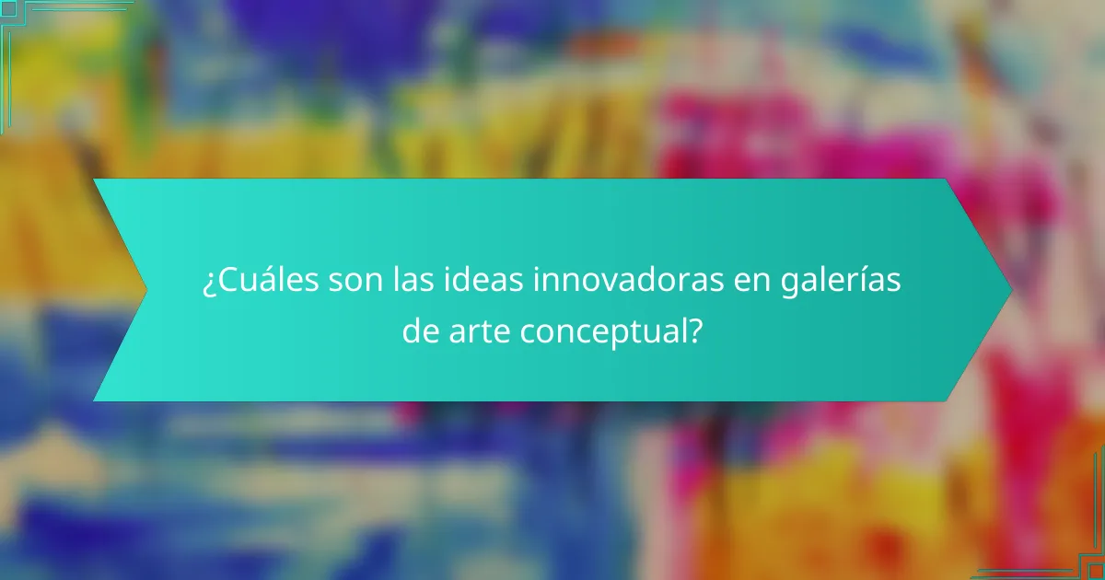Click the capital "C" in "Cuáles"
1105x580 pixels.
(x=226, y=282)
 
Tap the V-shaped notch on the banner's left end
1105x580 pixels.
(x=145, y=290)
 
